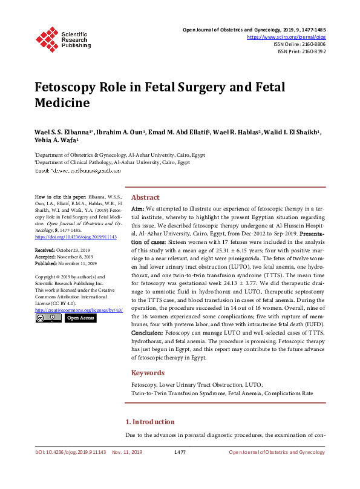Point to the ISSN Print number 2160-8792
(312, 51)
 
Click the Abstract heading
(145, 197)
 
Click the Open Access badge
(80, 318)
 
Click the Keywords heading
(147, 373)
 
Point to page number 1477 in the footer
(180, 452)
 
